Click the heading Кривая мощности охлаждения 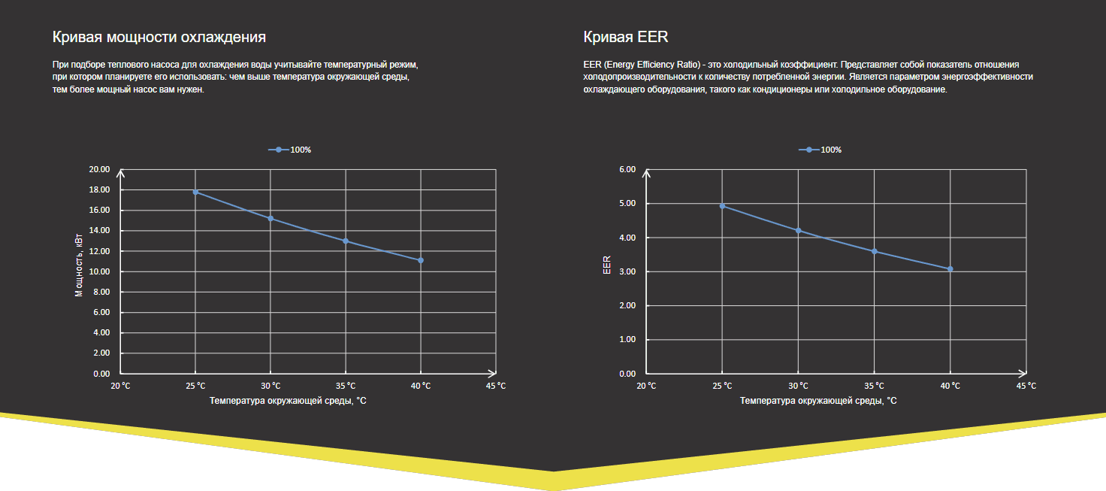pyautogui.click(x=159, y=37)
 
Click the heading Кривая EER pyautogui.click(x=626, y=37)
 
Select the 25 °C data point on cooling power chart pyautogui.click(x=195, y=192)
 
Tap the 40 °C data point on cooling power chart pyautogui.click(x=421, y=260)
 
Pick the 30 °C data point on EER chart pyautogui.click(x=799, y=230)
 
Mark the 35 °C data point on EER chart pyautogui.click(x=875, y=251)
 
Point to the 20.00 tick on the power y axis pyautogui.click(x=100, y=169)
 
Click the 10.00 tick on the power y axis pyautogui.click(x=100, y=271)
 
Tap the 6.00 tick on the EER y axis pyautogui.click(x=627, y=169)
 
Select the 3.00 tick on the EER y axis pyautogui.click(x=627, y=271)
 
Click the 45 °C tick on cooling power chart pyautogui.click(x=496, y=386)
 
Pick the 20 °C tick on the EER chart pyautogui.click(x=646, y=386)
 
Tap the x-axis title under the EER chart pyautogui.click(x=818, y=401)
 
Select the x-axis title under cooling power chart pyautogui.click(x=289, y=401)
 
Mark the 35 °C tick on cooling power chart pyautogui.click(x=346, y=386)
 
